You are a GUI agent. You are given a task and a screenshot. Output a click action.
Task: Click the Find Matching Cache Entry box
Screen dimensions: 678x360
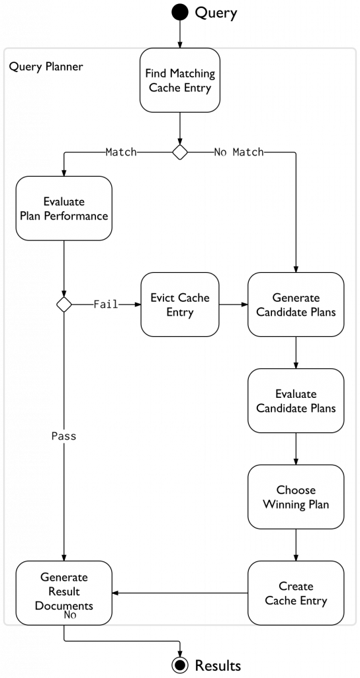[179, 80]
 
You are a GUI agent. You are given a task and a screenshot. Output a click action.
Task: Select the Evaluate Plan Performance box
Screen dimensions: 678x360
[64, 209]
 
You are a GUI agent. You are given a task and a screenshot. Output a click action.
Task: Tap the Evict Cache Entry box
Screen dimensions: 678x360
[179, 305]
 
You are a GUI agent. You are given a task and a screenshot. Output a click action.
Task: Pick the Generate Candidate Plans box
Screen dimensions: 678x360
[296, 305]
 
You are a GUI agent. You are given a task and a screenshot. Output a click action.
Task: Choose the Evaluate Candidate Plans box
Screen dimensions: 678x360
[296, 401]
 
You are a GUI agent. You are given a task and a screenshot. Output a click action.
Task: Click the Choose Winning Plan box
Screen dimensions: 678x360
[296, 497]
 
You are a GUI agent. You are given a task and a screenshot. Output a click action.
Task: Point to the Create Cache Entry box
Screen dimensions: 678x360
[296, 593]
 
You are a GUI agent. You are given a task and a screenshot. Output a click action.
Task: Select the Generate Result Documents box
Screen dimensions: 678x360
[64, 591]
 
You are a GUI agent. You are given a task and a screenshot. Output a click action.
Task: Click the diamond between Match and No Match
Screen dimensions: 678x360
[179, 152]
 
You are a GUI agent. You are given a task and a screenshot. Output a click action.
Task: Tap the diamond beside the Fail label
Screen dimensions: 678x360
[64, 305]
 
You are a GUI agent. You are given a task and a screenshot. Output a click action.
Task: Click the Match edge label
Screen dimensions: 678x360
[121, 152]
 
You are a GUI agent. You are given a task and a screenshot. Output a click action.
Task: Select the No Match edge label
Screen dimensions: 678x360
[239, 152]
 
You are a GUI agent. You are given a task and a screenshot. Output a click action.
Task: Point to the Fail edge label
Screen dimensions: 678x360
[106, 305]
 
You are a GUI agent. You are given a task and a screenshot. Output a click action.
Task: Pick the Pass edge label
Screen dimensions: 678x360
[64, 436]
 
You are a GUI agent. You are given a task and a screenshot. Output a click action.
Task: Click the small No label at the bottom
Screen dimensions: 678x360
[70, 615]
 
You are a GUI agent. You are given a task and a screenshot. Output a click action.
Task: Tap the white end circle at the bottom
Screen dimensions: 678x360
[179, 665]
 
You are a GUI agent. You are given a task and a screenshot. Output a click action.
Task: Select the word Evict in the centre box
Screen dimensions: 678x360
[163, 297]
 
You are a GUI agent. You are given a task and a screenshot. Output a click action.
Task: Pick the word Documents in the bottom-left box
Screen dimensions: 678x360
[64, 605]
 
